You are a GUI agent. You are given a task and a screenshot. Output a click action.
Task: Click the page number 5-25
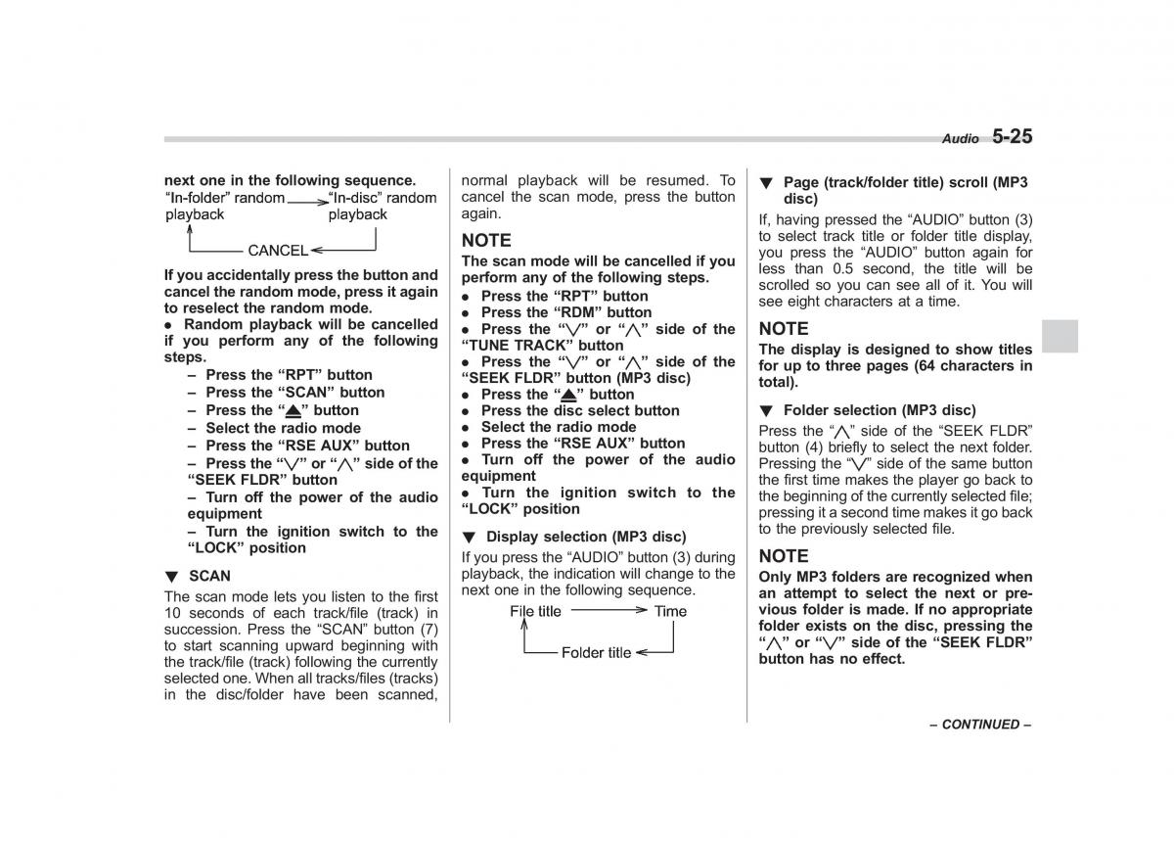[1012, 137]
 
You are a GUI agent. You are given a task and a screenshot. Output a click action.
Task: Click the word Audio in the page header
[960, 140]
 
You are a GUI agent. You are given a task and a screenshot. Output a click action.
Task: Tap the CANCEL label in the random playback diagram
[278, 251]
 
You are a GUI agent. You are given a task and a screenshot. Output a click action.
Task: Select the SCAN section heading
[209, 576]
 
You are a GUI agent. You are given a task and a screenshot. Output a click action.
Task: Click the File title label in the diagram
[535, 611]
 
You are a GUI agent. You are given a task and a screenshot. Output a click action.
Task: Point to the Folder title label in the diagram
[596, 653]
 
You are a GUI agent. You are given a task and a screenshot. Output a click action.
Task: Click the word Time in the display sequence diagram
[670, 611]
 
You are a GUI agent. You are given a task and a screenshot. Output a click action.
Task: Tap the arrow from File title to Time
[609, 610]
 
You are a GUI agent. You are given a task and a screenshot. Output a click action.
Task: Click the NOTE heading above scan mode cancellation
[486, 240]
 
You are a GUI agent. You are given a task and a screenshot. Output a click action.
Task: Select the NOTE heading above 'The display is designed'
[784, 329]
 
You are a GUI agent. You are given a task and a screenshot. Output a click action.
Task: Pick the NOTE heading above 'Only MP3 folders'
[784, 556]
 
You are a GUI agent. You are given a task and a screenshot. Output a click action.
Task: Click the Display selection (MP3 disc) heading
[585, 537]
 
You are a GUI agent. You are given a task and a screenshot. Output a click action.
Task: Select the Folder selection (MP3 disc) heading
[880, 410]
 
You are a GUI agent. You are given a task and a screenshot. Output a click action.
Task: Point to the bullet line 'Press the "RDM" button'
[565, 312]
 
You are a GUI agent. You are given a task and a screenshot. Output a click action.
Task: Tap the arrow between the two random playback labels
[307, 199]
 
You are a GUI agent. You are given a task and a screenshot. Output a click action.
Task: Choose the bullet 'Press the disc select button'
[579, 410]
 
